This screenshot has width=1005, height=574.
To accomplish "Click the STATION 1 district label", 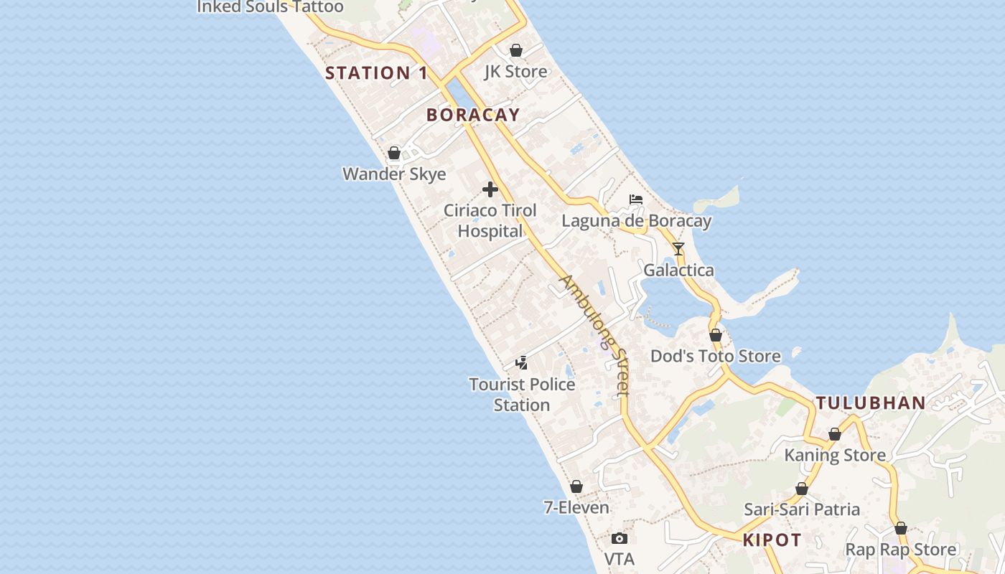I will tap(376, 72).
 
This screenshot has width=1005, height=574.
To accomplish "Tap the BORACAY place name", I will tap(473, 115).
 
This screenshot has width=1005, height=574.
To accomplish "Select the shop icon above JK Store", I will tap(516, 50).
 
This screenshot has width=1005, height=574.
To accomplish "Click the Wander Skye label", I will tap(394, 174).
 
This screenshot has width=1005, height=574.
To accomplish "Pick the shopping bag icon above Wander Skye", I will tap(394, 153).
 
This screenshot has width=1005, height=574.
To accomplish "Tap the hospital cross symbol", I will tap(490, 189).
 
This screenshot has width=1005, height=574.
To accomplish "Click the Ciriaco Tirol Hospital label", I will tap(490, 221).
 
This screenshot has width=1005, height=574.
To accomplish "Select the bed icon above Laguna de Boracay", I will tap(636, 199).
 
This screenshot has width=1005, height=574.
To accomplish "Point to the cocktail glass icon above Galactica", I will tap(678, 249).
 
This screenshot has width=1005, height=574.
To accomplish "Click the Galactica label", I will tap(678, 270).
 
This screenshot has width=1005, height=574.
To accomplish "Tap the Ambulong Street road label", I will tap(595, 335).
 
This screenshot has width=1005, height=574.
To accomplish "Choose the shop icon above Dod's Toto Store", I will tap(716, 335).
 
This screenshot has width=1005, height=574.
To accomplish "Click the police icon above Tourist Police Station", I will tap(522, 363).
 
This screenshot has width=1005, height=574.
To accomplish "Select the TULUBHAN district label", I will tap(871, 403).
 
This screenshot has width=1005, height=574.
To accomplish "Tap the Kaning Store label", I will tap(835, 455).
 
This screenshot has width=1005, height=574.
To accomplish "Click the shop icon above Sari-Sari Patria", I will tap(802, 489).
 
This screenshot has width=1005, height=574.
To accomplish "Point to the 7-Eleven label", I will tap(576, 507).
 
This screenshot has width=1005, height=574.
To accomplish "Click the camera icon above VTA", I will tap(620, 538).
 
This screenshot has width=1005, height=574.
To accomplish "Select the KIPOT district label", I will tap(772, 540).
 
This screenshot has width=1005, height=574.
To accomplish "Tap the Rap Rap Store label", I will tap(901, 550).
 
